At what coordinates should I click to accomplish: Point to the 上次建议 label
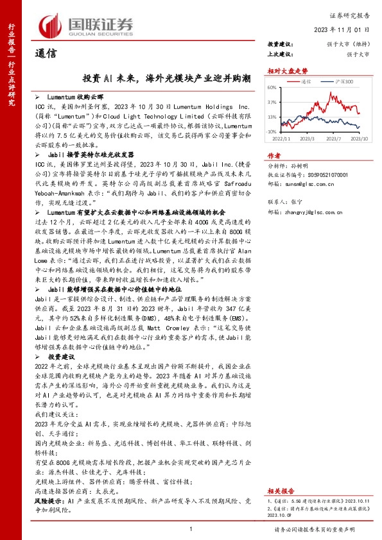279,54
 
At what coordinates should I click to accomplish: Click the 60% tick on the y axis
272,87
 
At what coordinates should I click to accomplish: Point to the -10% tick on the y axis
272,131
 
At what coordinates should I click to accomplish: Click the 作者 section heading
274,156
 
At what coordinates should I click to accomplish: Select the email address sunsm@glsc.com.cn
311,182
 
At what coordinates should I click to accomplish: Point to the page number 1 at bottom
191,528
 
